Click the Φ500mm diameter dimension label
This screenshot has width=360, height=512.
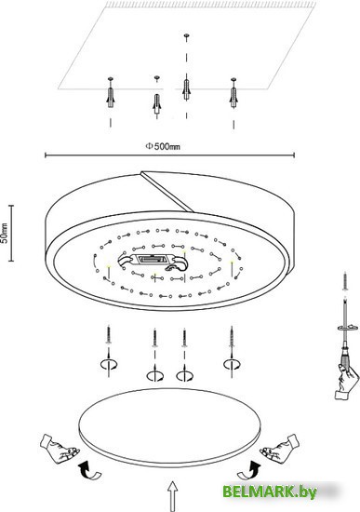pos(162,146)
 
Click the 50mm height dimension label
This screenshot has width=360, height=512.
pos(5,233)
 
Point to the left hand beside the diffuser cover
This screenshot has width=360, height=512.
pos(59,448)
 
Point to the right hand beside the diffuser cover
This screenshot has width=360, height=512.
pos(279,448)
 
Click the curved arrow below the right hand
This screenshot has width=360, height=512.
pos(249,469)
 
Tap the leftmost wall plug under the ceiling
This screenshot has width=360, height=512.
pos(111,97)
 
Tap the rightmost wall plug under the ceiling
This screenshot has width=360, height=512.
pos(233,96)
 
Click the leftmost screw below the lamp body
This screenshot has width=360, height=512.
pos(109,335)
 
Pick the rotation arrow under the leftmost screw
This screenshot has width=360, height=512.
pos(109,363)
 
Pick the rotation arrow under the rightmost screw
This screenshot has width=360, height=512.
pos(232,363)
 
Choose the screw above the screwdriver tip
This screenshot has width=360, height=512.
pos(345,281)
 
